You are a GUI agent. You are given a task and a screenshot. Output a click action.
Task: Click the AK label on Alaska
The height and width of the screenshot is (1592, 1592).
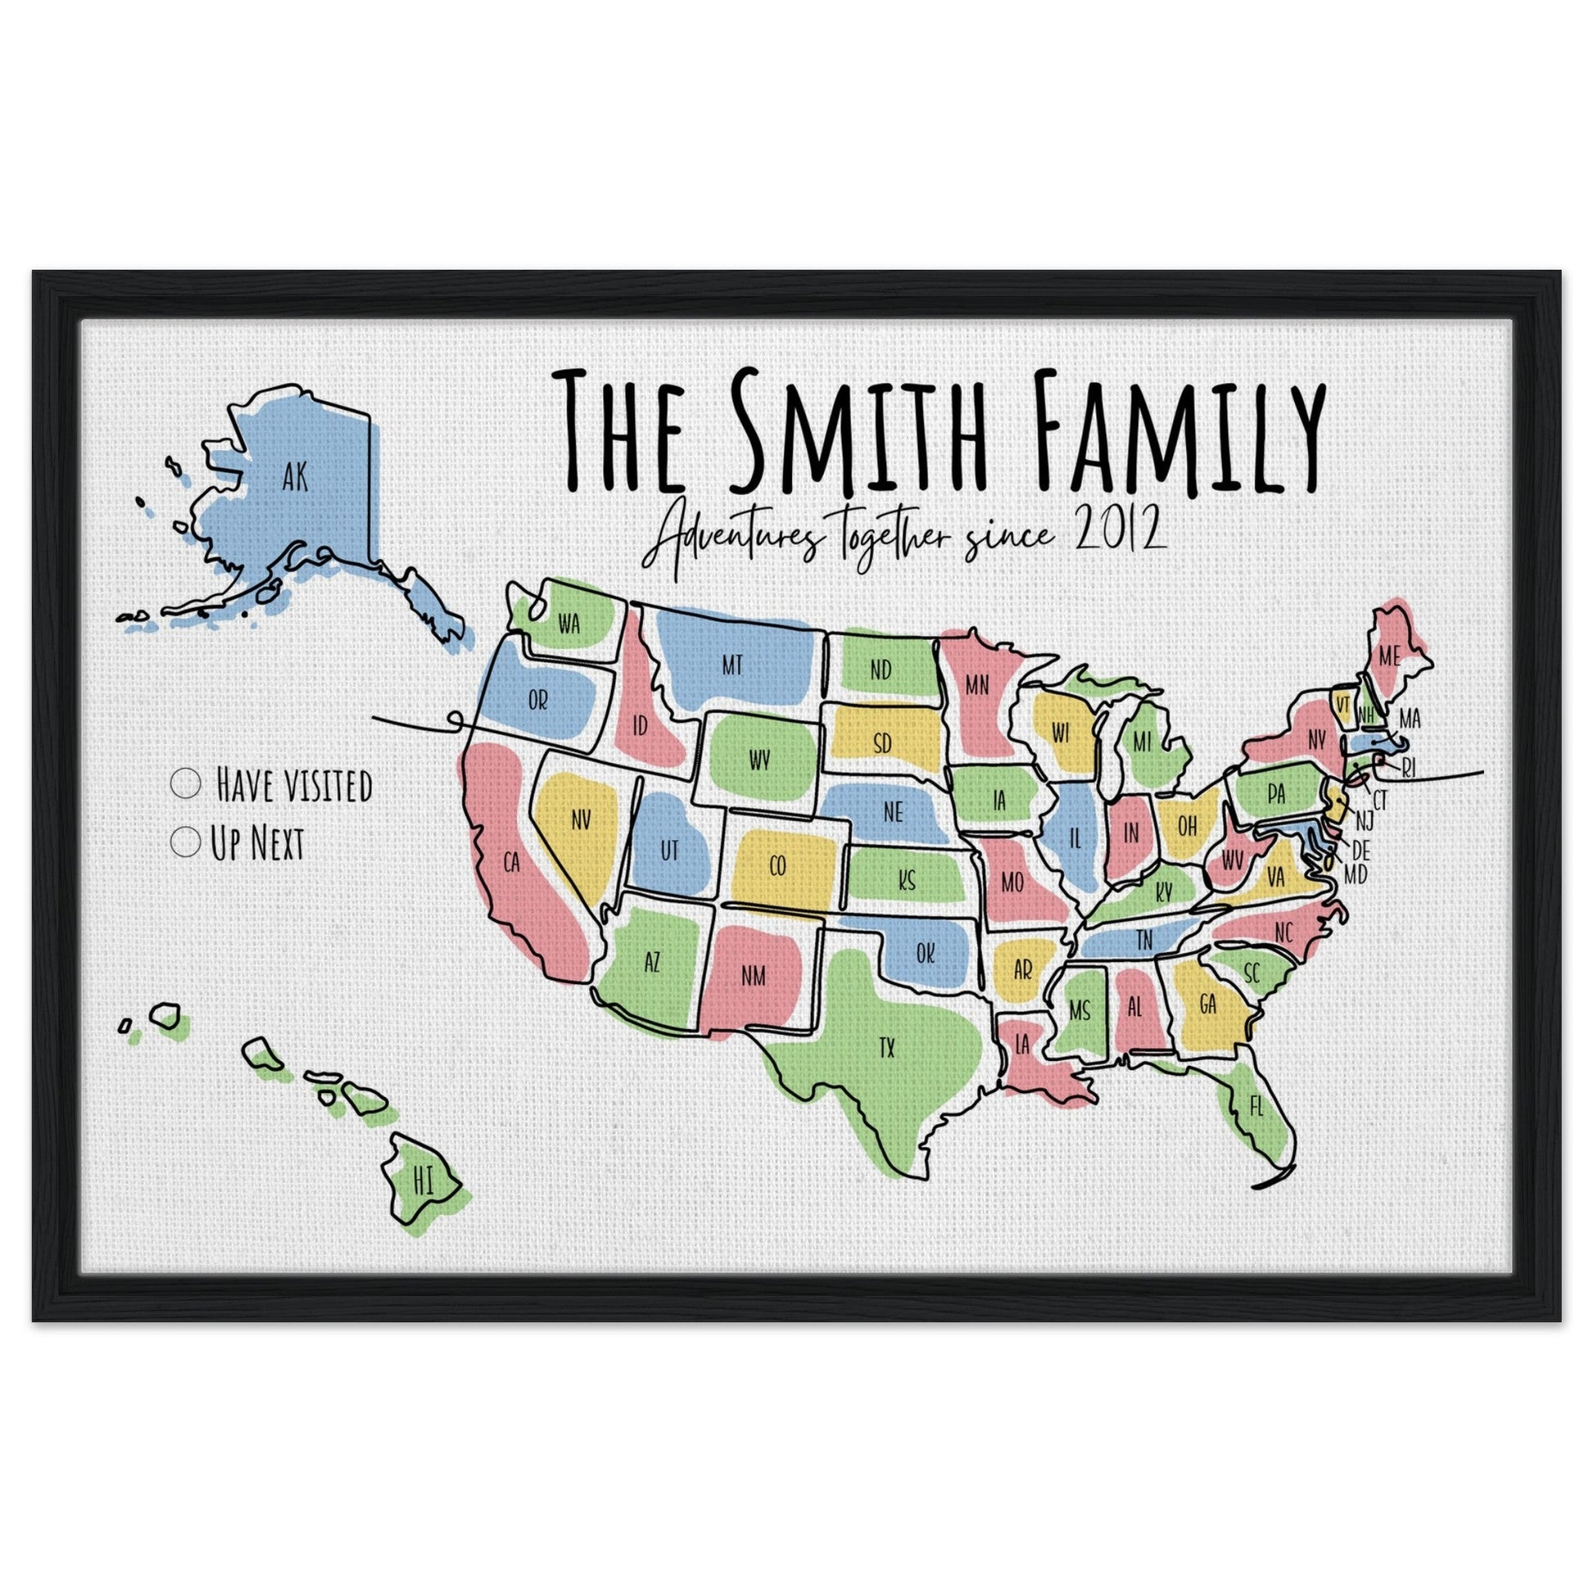[295, 477]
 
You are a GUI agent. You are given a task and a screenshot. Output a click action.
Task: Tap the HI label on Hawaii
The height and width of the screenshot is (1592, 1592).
[424, 1181]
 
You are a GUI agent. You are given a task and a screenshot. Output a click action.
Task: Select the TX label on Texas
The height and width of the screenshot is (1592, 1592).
[887, 1048]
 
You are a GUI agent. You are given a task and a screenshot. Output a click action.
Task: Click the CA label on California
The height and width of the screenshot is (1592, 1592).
[512, 862]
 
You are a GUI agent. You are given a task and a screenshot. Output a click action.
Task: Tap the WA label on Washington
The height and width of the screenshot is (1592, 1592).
[569, 623]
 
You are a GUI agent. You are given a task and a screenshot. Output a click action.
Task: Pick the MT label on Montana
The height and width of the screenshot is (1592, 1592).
[731, 665]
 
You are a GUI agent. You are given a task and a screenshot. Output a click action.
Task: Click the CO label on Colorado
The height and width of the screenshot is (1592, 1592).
[777, 866]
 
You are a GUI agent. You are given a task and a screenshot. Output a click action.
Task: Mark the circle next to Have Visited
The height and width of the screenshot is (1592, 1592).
[187, 783]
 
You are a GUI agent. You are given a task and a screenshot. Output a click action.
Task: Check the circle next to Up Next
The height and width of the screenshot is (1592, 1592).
[187, 842]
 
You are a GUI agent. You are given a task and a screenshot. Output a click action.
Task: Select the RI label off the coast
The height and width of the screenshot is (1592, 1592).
[1408, 769]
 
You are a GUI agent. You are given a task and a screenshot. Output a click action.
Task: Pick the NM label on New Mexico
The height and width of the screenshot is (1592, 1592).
[753, 977]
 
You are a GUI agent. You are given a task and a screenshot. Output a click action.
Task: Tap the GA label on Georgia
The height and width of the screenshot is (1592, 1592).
[1208, 1004]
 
